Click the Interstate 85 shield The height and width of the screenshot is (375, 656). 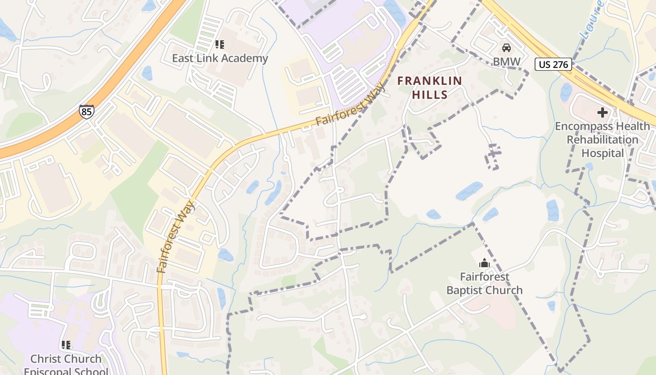86,111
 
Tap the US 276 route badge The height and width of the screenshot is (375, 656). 553,64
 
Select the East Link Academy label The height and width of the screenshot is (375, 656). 220,58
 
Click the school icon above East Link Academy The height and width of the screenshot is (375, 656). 219,45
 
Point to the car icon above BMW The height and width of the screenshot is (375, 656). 506,48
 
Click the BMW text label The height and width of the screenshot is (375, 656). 506,61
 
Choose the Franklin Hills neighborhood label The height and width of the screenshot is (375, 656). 430,87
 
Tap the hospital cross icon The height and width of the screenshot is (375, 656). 603,112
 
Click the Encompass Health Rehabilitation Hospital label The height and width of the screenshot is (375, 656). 603,140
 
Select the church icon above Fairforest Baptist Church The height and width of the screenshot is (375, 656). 485,263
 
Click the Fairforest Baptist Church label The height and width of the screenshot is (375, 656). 485,284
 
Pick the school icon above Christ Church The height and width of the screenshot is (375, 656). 66,345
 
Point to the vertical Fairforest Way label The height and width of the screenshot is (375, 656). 176,237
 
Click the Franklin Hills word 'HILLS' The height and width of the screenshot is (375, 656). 430,94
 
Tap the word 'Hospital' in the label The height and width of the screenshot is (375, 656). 603,153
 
